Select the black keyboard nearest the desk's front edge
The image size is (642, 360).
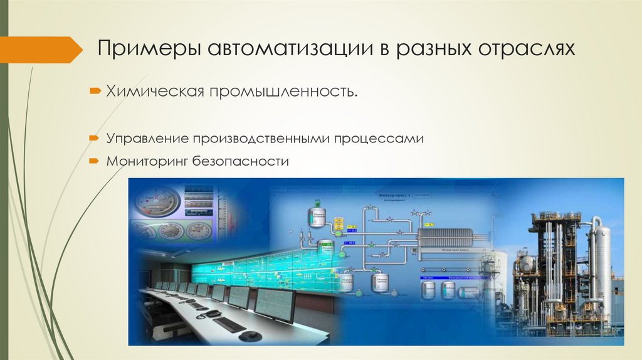pos(229,324)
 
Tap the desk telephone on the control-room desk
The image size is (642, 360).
pos(213,313)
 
